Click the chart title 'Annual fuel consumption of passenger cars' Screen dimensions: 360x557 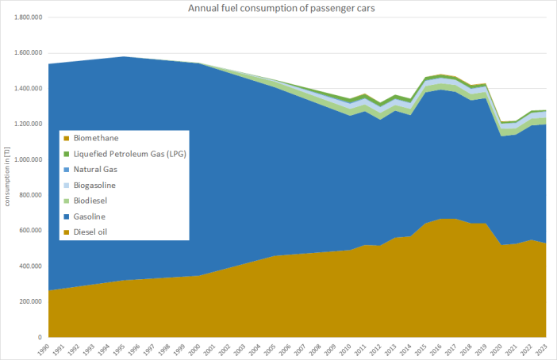[278, 8]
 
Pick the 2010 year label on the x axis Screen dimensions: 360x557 [350, 349]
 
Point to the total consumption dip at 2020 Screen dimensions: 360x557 [501, 121]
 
